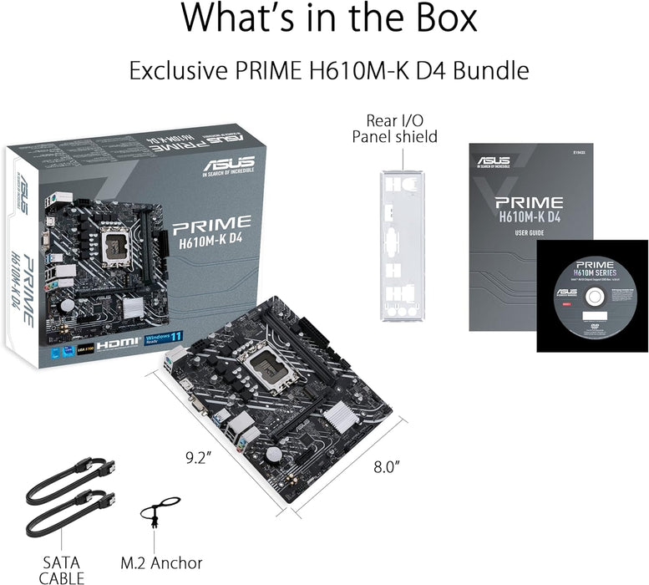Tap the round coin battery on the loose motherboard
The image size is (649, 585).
point(273,451)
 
